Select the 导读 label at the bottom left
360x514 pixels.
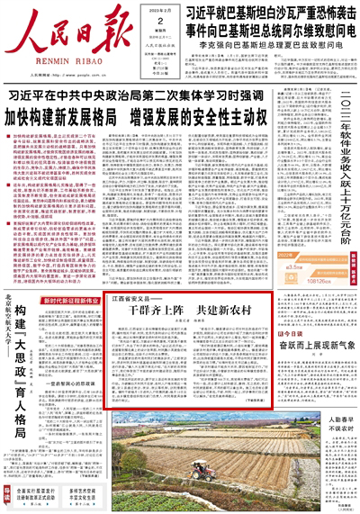(x=7, y=496)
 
